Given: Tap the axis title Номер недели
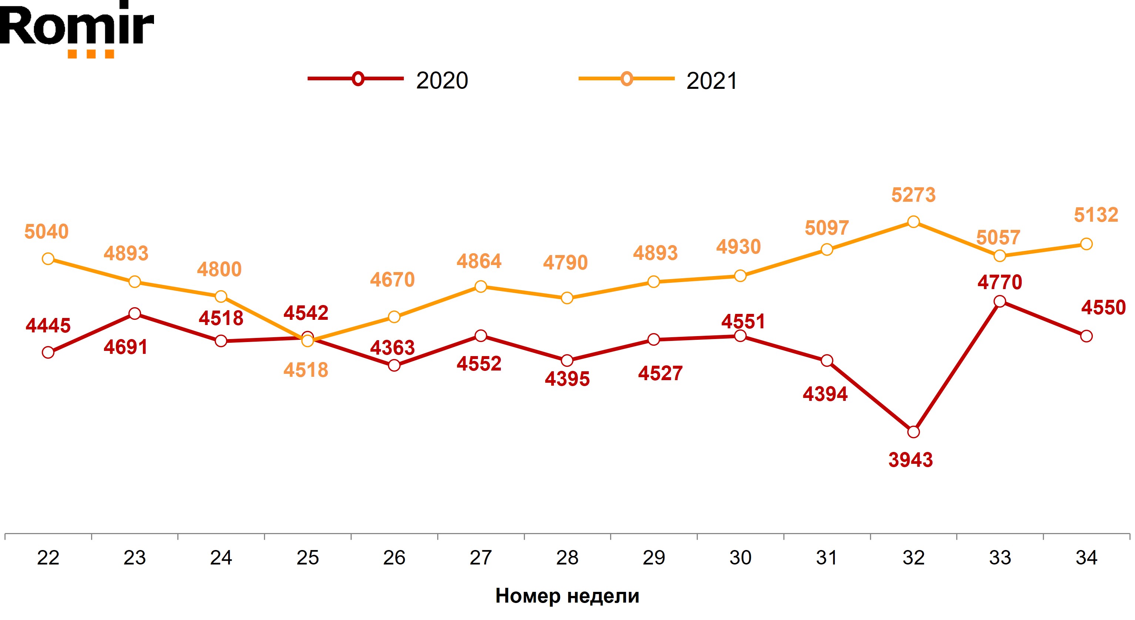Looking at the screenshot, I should click(567, 596).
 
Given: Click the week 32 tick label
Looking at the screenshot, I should click(913, 558).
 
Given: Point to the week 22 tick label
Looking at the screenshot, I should click(48, 558).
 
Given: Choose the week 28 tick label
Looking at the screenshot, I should click(567, 558).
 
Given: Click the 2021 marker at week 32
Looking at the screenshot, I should click(913, 222).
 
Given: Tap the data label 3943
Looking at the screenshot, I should click(910, 460).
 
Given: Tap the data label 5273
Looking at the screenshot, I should click(913, 195).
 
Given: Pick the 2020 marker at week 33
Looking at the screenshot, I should click(1000, 301).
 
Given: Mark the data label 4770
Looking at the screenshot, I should click(999, 282).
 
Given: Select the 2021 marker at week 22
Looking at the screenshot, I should click(48, 259).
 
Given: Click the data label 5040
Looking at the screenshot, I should click(46, 231).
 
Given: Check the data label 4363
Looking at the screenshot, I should click(392, 348).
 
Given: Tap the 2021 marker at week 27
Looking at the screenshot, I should click(481, 286).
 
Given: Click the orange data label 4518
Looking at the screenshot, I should click(306, 370).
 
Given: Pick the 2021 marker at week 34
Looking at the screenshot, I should click(1087, 244).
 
